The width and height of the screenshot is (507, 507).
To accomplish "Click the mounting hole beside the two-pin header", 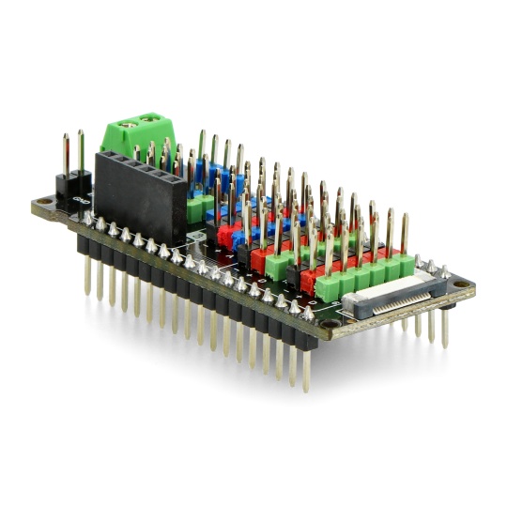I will tap(42, 202).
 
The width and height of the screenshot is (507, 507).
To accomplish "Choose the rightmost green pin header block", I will tap(405, 266).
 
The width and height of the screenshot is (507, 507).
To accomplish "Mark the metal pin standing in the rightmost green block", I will tap(405, 235).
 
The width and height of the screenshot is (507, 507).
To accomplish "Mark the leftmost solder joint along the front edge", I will tap(89, 218).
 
